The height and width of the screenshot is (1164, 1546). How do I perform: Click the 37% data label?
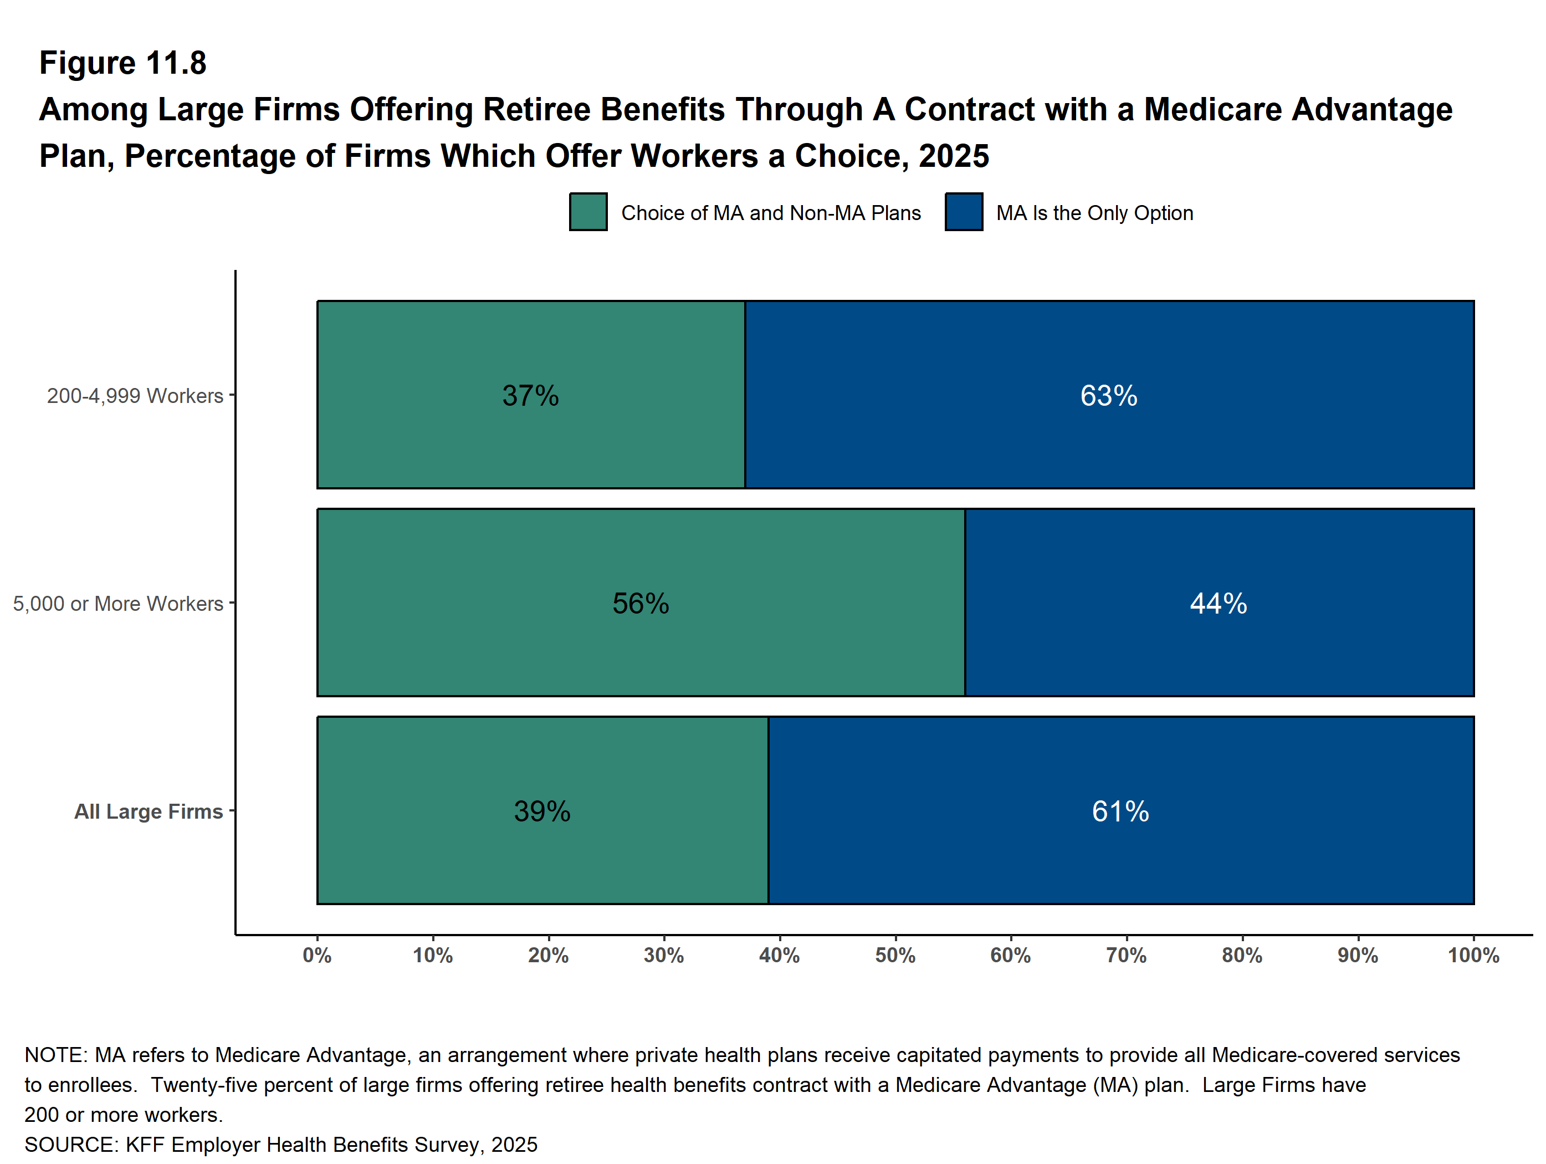[x=530, y=396]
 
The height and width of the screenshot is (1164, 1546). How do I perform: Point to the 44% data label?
[x=1218, y=603]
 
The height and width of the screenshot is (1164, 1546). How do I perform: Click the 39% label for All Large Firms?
[x=542, y=811]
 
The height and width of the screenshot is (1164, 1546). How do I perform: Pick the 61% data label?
[x=1120, y=811]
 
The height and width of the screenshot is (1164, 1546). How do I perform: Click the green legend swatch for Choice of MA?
[x=588, y=212]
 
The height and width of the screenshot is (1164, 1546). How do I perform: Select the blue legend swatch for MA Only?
[x=963, y=212]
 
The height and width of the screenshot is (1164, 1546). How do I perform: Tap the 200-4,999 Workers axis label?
[x=135, y=396]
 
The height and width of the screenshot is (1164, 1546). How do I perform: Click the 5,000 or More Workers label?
[x=118, y=603]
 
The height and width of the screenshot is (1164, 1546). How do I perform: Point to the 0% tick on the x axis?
[x=318, y=955]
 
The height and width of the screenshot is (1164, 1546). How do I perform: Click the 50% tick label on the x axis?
[x=895, y=955]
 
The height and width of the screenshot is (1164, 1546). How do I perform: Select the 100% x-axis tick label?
[x=1473, y=955]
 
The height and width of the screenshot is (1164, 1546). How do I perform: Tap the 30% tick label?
[x=664, y=955]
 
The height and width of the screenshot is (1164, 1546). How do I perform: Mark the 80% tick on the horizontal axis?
[x=1242, y=955]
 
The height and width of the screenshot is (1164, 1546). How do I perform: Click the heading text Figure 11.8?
[x=123, y=63]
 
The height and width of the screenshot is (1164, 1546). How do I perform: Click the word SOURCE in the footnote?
[x=69, y=1145]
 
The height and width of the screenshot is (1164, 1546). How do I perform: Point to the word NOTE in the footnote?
[x=54, y=1055]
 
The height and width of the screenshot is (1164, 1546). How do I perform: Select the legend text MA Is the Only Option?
[x=1094, y=212]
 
